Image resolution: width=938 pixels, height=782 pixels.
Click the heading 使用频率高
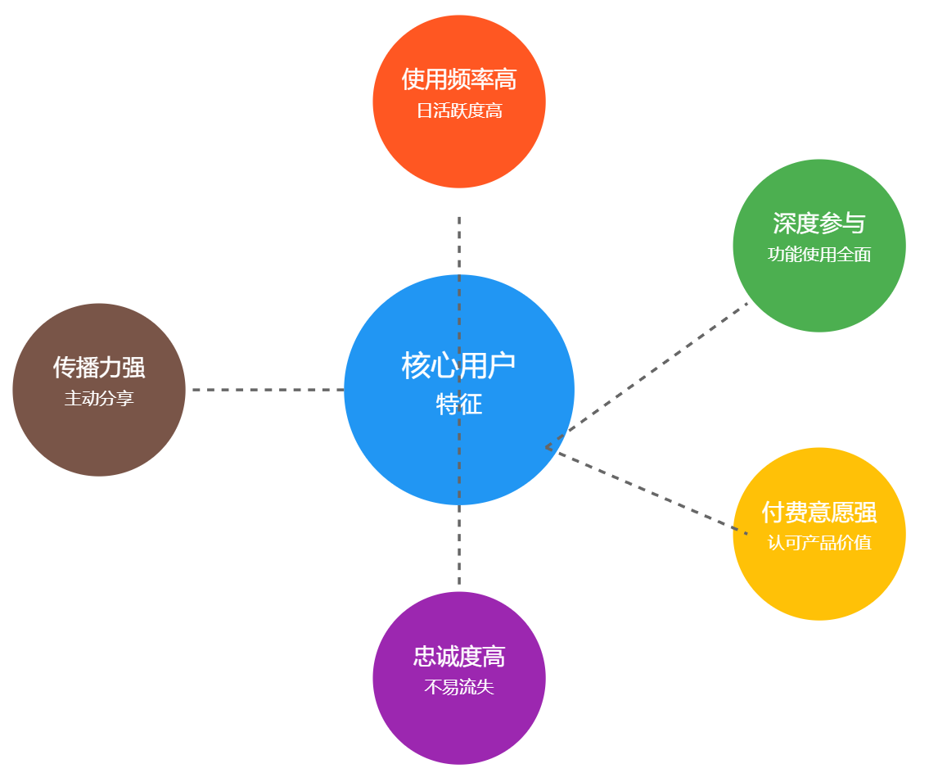coord(459,79)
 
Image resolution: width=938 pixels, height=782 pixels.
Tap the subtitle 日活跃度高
coord(459,111)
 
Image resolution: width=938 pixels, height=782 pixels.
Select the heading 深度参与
coord(818,223)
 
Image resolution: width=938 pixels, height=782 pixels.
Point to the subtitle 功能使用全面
coord(818,255)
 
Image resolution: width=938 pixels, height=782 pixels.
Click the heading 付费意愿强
coord(818,513)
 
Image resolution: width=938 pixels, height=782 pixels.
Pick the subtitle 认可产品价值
coord(818,543)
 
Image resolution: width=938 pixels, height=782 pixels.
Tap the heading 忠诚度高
coord(459,656)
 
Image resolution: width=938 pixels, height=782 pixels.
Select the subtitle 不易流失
coord(459,687)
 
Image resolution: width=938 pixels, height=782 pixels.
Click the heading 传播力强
coord(99,367)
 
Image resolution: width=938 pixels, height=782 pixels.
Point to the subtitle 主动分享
coord(99,399)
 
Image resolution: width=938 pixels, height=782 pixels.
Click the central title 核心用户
coord(459,365)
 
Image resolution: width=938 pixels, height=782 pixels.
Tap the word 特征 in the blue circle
coord(459,405)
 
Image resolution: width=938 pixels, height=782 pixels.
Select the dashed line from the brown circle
coord(268,390)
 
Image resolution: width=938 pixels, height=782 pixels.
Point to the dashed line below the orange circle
coord(459,246)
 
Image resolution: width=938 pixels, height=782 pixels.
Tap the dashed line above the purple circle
coord(459,549)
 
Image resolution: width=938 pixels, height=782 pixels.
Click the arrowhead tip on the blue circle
coord(547,447)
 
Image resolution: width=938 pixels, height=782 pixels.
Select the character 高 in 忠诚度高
coord(494,656)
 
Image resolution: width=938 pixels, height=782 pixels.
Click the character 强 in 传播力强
coord(134,367)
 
